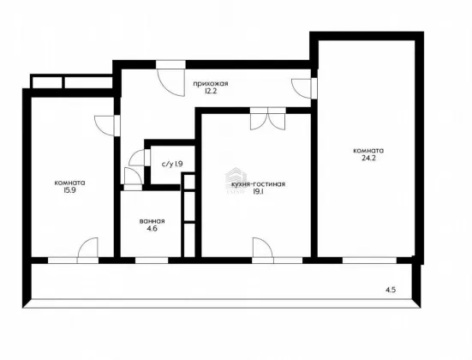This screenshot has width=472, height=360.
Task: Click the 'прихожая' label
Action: coord(211,84)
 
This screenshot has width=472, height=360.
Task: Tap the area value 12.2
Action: coord(211,91)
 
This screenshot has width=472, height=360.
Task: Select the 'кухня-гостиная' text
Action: coord(258,184)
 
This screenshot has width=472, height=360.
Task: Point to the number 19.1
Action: coord(259,192)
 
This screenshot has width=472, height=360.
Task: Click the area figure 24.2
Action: coord(368,159)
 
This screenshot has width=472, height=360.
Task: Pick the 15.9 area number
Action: coord(69,190)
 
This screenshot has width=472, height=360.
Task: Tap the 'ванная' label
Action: coord(152,221)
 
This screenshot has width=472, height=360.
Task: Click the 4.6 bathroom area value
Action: coord(152,228)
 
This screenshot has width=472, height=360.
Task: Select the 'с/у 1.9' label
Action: coord(172,165)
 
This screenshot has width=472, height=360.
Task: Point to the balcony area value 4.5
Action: coord(391,290)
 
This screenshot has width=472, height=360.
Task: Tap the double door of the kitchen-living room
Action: coord(267,118)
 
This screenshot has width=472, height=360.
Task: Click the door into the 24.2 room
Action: coord(302,88)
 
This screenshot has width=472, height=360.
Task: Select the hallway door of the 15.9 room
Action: coord(105,126)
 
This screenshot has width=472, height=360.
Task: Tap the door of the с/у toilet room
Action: coord(138,158)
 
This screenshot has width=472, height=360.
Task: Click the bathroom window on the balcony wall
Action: coord(152,261)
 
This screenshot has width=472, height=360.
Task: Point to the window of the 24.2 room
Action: coord(370,261)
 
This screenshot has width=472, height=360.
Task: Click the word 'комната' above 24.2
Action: coord(368,151)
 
